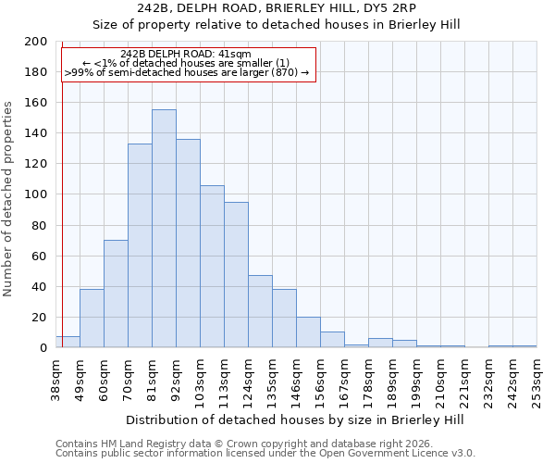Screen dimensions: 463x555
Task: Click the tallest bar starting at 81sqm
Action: [x=164, y=229]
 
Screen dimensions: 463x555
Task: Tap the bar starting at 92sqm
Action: [x=188, y=244]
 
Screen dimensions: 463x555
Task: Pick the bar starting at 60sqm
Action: [x=116, y=294]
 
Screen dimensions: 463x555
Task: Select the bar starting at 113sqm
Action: [x=236, y=275]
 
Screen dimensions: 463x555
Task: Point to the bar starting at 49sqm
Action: [x=92, y=319]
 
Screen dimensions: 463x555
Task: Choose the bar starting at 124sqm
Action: [x=260, y=311]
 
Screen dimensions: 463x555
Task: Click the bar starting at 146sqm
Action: [x=308, y=332]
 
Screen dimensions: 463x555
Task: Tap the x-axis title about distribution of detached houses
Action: [x=294, y=419]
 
